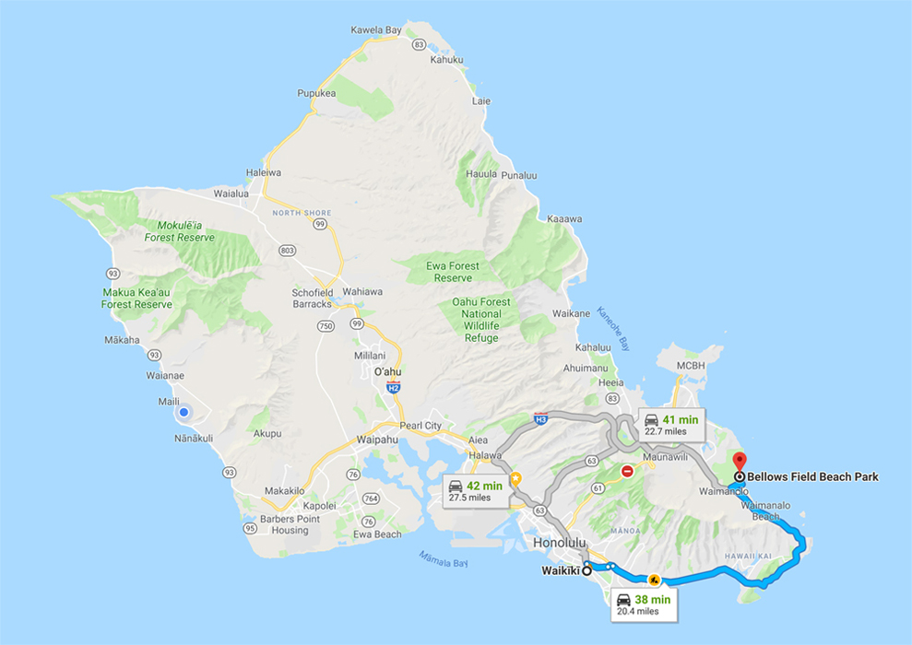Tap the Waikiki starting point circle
(x=586, y=569)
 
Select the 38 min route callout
(x=644, y=604)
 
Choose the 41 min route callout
(x=671, y=424)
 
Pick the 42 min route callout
(x=474, y=490)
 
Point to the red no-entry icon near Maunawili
(x=627, y=471)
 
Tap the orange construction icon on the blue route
(x=653, y=580)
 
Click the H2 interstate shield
(x=395, y=388)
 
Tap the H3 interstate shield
(x=540, y=418)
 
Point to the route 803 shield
(x=288, y=249)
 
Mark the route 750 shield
(x=325, y=325)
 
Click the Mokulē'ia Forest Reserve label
(x=179, y=231)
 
